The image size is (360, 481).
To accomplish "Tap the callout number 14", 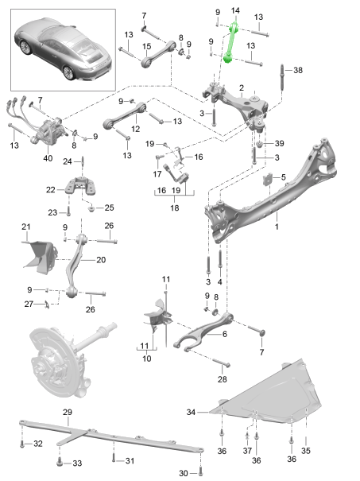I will click(234, 10).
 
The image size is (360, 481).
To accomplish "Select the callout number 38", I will click(299, 70).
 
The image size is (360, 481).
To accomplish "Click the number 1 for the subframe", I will click(277, 226).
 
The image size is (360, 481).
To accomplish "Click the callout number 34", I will click(191, 413).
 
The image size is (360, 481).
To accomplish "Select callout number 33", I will click(77, 463).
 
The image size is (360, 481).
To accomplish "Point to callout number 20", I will click(100, 259).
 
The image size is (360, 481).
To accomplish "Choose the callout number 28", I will click(222, 380).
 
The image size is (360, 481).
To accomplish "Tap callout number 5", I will click(282, 176).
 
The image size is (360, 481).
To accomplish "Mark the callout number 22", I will click(51, 189).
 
